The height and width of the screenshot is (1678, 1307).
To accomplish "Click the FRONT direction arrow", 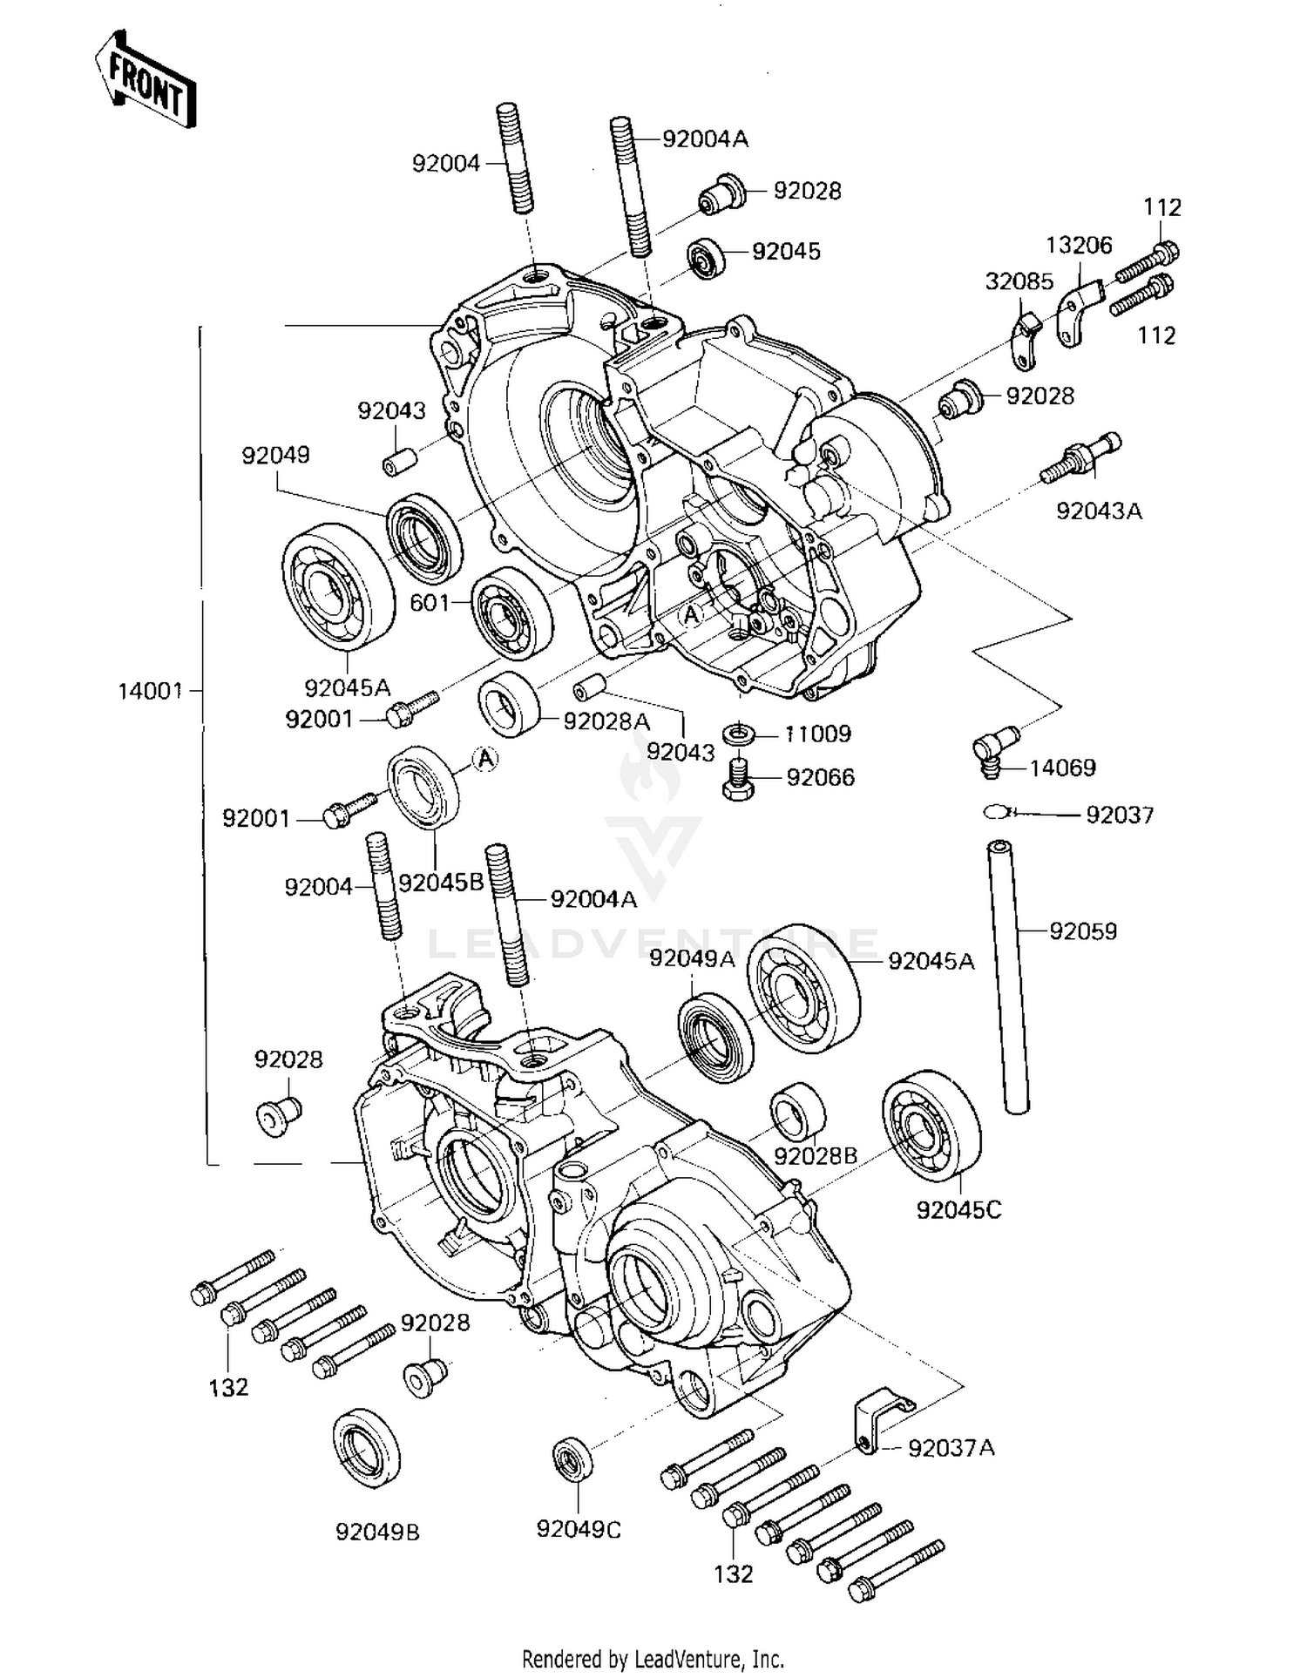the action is point(146,79).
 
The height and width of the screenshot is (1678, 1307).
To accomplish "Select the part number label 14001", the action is point(150,691).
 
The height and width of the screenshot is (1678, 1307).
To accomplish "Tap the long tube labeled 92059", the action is point(1008,977).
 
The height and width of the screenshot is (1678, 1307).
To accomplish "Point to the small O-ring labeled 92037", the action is point(996,812).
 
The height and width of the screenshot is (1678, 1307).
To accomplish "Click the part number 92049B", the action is point(377,1531).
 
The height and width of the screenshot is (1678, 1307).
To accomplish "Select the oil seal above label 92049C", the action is point(572,1458).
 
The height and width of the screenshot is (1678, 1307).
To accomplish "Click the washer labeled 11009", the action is point(740,733).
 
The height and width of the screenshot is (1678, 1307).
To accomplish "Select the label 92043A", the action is point(1098,511).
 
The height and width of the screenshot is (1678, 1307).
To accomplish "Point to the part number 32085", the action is point(1019,281).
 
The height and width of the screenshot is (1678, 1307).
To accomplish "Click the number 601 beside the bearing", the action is point(429,603).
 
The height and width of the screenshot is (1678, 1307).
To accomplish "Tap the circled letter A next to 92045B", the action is point(486,759).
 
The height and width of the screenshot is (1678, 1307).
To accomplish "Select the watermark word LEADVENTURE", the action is point(653,944).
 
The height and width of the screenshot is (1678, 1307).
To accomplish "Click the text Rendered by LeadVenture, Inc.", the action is point(653,1659).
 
